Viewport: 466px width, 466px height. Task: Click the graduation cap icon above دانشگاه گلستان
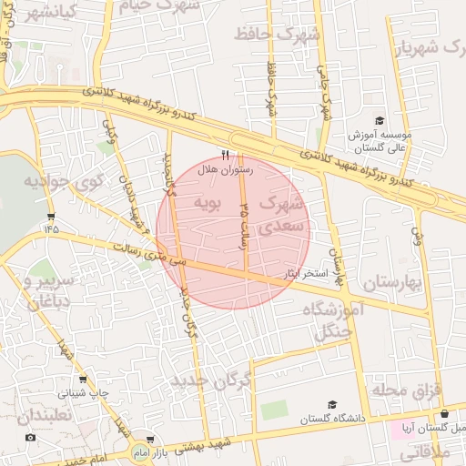click(x=332, y=404)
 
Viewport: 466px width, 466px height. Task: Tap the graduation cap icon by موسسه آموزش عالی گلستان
click(x=380, y=120)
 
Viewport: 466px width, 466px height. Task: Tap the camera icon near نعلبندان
click(x=31, y=438)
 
